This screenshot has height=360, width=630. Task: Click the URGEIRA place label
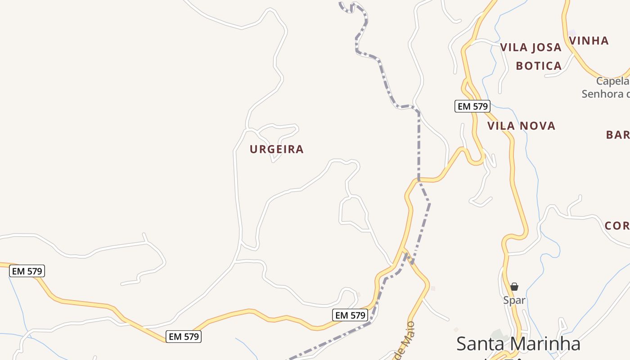point(277,149)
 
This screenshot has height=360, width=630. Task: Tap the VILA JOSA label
point(531,47)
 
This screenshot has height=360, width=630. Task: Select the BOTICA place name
point(539,66)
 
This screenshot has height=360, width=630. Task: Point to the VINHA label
point(589,40)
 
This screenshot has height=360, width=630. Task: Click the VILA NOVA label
point(521,126)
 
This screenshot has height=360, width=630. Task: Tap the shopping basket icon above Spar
point(514,287)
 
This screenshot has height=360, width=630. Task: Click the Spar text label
point(514,300)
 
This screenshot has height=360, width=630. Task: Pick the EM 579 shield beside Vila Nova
point(472,106)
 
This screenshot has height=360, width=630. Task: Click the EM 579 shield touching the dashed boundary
point(351,315)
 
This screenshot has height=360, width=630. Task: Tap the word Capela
point(612,81)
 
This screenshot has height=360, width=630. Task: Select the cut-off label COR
point(616,225)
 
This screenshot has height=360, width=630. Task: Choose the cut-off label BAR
point(617,135)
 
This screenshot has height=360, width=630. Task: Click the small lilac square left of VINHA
point(572,33)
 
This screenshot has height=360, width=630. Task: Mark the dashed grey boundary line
point(419,144)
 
